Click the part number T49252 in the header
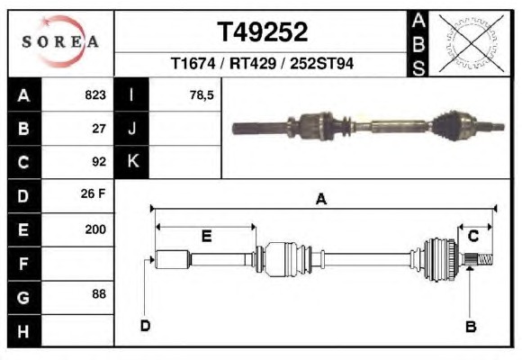pyautogui.click(x=262, y=32)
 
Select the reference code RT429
pyautogui.click(x=253, y=64)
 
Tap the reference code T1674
pyautogui.click(x=193, y=64)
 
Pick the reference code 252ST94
pyautogui.click(x=321, y=64)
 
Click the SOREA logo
pyautogui.click(x=60, y=41)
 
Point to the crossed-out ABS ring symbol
pyautogui.click(x=471, y=43)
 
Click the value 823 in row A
pyautogui.click(x=95, y=95)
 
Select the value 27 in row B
pyautogui.click(x=99, y=129)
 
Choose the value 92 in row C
pyautogui.click(x=99, y=162)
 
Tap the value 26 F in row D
pyautogui.click(x=93, y=193)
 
